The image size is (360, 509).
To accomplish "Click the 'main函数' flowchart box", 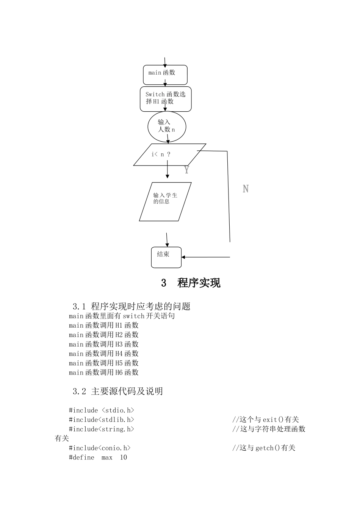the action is [x=165, y=75].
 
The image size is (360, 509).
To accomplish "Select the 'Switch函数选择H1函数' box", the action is [x=166, y=99].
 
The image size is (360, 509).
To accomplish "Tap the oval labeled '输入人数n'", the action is [x=167, y=126].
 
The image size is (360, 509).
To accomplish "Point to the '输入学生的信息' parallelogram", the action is [x=165, y=201].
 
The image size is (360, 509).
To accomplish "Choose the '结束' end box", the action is [x=166, y=257].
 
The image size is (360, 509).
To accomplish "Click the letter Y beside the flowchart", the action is [x=186, y=170].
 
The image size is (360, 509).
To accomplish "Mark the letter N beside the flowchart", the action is [x=246, y=189].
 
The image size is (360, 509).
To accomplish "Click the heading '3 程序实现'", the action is [x=191, y=283].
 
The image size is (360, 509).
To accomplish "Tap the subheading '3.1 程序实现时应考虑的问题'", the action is [x=131, y=306].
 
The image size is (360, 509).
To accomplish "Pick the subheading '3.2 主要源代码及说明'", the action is [x=117, y=391].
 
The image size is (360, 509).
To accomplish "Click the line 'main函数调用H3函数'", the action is [x=103, y=344].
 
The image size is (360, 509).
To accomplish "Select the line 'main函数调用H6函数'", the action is [x=103, y=373].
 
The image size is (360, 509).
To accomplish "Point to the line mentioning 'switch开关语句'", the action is [x=122, y=316].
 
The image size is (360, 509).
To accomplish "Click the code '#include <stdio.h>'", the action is [x=101, y=410].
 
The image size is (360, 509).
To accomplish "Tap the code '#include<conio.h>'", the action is [x=99, y=448].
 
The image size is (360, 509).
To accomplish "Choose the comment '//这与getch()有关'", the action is [x=263, y=448].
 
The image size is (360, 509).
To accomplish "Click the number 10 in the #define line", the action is [x=124, y=457].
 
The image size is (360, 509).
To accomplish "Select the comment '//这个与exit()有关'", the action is [x=265, y=420].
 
